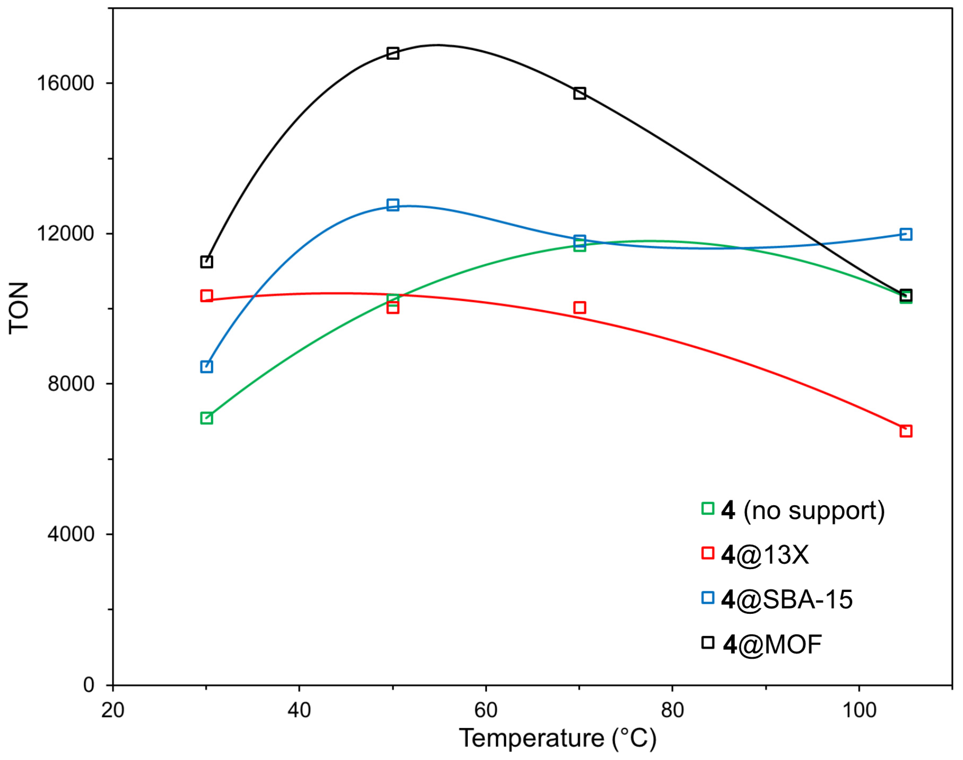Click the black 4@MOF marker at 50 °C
392,53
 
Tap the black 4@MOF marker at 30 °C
207,262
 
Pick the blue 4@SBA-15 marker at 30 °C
207,367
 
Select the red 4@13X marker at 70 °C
579,308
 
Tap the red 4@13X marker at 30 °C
207,296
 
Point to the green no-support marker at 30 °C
207,418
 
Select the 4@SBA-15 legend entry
777,599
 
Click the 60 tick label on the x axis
485,711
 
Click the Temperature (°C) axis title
557,739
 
